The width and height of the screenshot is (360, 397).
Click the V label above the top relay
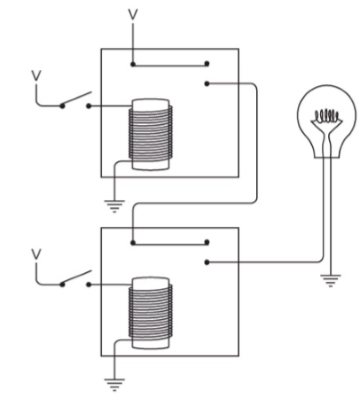click(133, 14)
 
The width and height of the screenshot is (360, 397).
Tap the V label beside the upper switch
click(36, 75)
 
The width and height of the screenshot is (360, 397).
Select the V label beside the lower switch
click(36, 254)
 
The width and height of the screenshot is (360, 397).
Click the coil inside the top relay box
click(151, 135)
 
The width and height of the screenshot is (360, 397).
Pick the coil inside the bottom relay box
click(151, 313)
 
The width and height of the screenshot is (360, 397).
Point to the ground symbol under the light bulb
click(331, 281)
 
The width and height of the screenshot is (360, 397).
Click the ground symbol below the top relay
click(114, 206)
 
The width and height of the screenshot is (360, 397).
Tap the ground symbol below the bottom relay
click(114, 385)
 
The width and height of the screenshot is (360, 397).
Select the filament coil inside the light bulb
click(326, 116)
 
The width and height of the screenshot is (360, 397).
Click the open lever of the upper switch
click(76, 99)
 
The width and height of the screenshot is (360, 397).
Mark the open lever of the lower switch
click(76, 277)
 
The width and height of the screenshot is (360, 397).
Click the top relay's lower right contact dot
click(207, 84)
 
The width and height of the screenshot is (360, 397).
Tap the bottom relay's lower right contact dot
click(207, 262)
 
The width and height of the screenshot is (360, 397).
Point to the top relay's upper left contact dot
click(133, 64)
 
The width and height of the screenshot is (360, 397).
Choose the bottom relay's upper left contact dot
click(133, 243)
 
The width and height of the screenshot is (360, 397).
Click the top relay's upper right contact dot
click(207, 63)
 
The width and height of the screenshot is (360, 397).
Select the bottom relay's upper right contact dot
click(207, 242)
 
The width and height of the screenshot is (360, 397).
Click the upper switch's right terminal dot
click(89, 105)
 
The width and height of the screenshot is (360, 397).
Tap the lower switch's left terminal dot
click(62, 284)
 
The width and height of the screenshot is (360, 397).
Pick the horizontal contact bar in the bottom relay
click(170, 244)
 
